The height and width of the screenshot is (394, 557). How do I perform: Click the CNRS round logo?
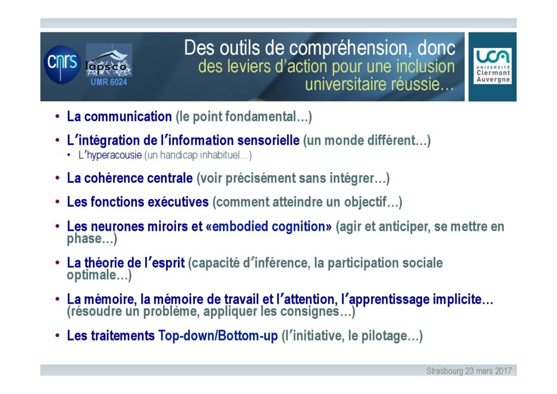(62, 64)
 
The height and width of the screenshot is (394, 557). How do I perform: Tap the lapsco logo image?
(109, 60)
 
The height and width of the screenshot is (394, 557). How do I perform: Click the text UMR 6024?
(109, 82)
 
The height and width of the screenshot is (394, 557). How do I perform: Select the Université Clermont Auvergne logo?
(492, 66)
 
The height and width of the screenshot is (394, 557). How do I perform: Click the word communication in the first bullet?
(128, 116)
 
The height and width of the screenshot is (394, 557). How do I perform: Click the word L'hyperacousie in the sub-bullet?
(110, 155)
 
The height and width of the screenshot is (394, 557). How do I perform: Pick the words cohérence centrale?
(139, 178)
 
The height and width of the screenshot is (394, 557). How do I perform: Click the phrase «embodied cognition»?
(269, 226)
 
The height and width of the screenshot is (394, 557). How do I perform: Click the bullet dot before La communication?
(57, 116)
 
